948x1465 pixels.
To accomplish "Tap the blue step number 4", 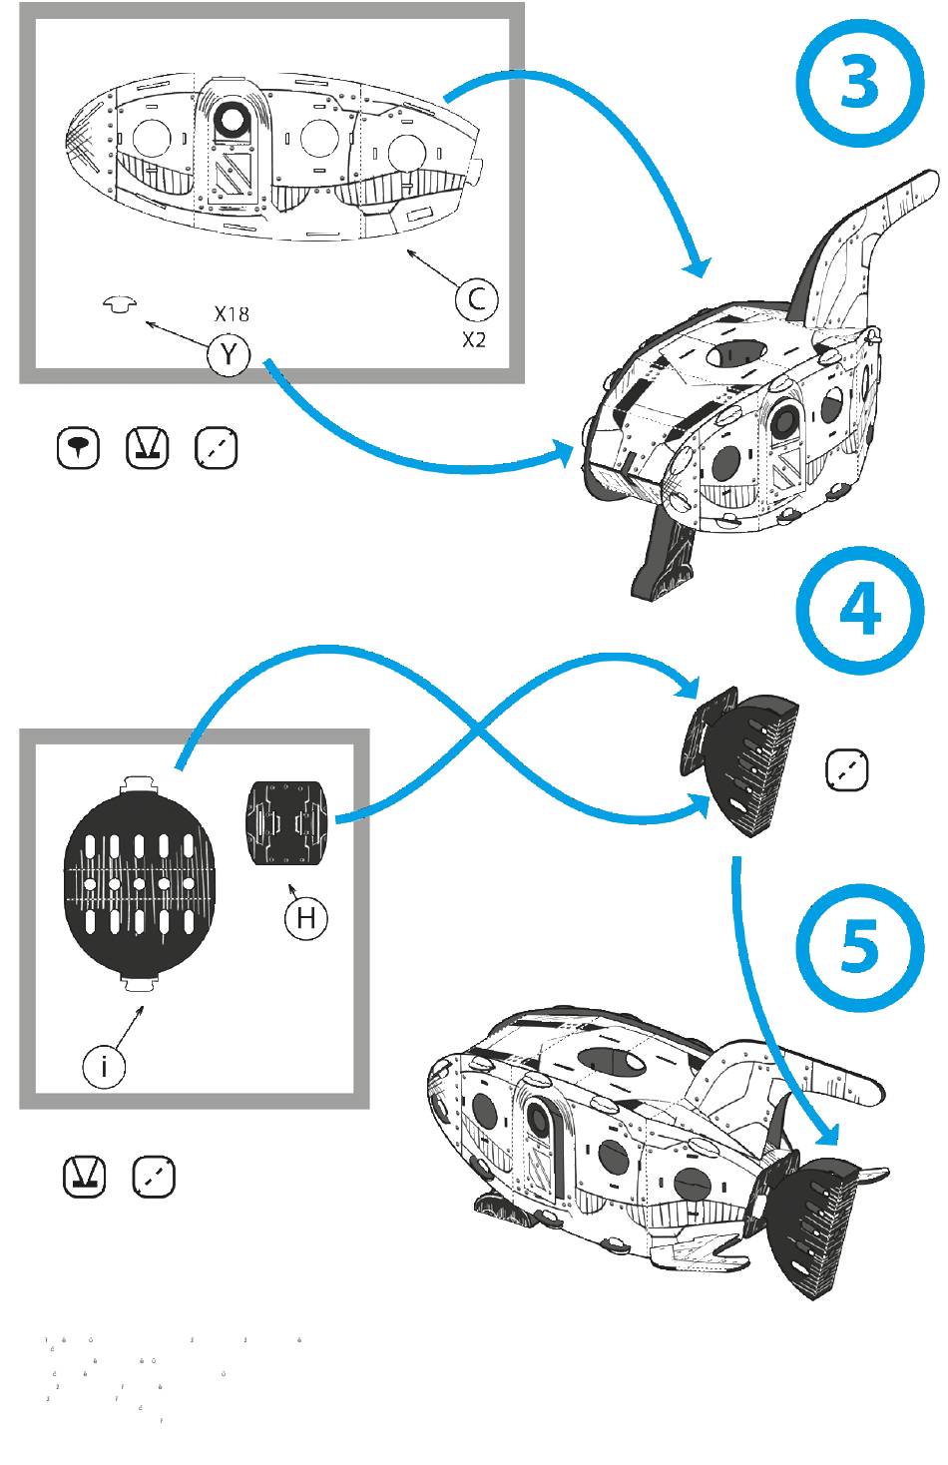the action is tap(860, 610).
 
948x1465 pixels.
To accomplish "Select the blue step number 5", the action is tap(860, 945).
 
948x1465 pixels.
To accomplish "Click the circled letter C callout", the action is tap(477, 299).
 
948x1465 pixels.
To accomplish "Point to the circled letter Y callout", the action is tap(229, 354).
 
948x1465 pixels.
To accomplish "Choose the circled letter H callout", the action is tap(306, 918).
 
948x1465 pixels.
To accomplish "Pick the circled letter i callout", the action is tap(104, 1067).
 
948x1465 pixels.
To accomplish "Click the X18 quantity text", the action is tap(232, 314).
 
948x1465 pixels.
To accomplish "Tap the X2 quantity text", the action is tap(474, 340).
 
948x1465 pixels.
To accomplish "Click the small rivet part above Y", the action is tap(121, 304).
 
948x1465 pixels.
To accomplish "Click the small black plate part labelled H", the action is tap(285, 822).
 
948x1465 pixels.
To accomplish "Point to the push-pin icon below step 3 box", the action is tap(79, 448).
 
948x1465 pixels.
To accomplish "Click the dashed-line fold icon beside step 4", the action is tap(847, 770).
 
